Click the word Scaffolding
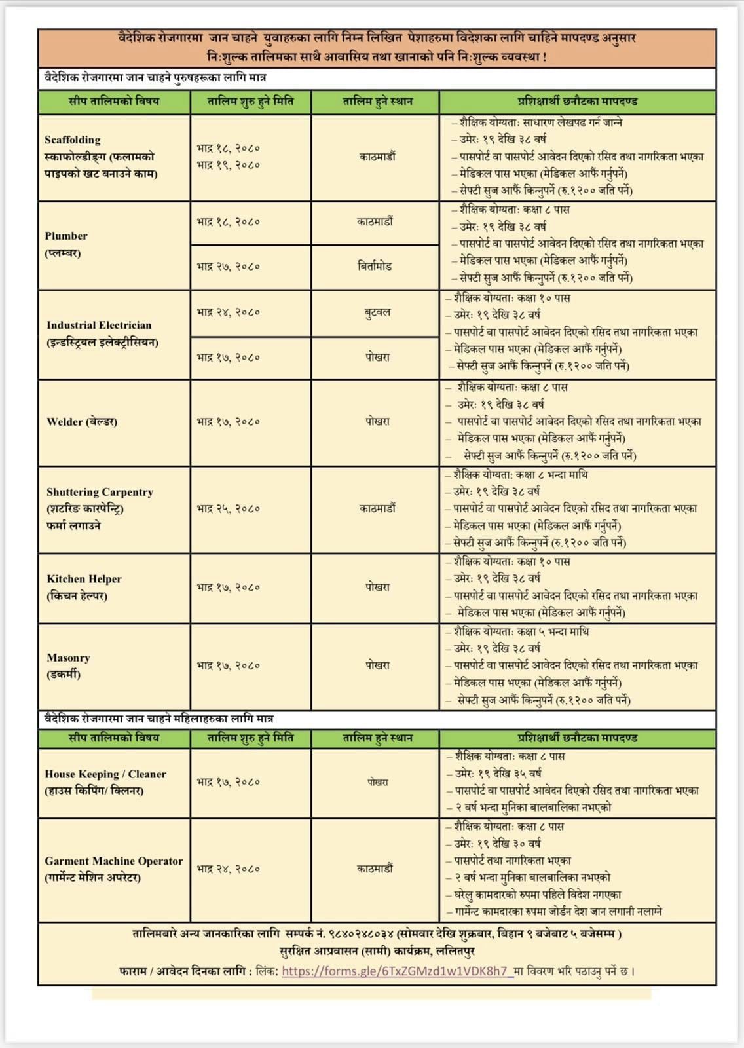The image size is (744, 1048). tap(73, 140)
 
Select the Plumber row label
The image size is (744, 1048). tap(66, 236)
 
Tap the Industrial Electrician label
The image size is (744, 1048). tap(99, 325)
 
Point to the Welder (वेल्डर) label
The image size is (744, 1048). tap(82, 422)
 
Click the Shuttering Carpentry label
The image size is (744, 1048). tap(100, 492)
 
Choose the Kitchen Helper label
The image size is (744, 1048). tap(84, 579)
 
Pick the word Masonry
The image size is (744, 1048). tap(68, 658)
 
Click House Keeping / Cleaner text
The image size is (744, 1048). tap(105, 774)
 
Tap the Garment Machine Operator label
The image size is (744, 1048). tap(114, 861)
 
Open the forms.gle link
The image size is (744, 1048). tap(395, 971)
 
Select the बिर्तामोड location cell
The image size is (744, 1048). tap(375, 267)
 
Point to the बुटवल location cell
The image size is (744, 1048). tap(377, 312)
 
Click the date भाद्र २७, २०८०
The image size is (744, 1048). tap(229, 267)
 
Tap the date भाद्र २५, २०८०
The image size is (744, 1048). tap(229, 508)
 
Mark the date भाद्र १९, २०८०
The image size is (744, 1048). tap(229, 165)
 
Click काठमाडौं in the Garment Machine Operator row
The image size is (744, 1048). tap(375, 869)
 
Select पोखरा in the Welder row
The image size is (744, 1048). tap(377, 422)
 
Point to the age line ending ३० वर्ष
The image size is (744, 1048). tap(498, 844)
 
